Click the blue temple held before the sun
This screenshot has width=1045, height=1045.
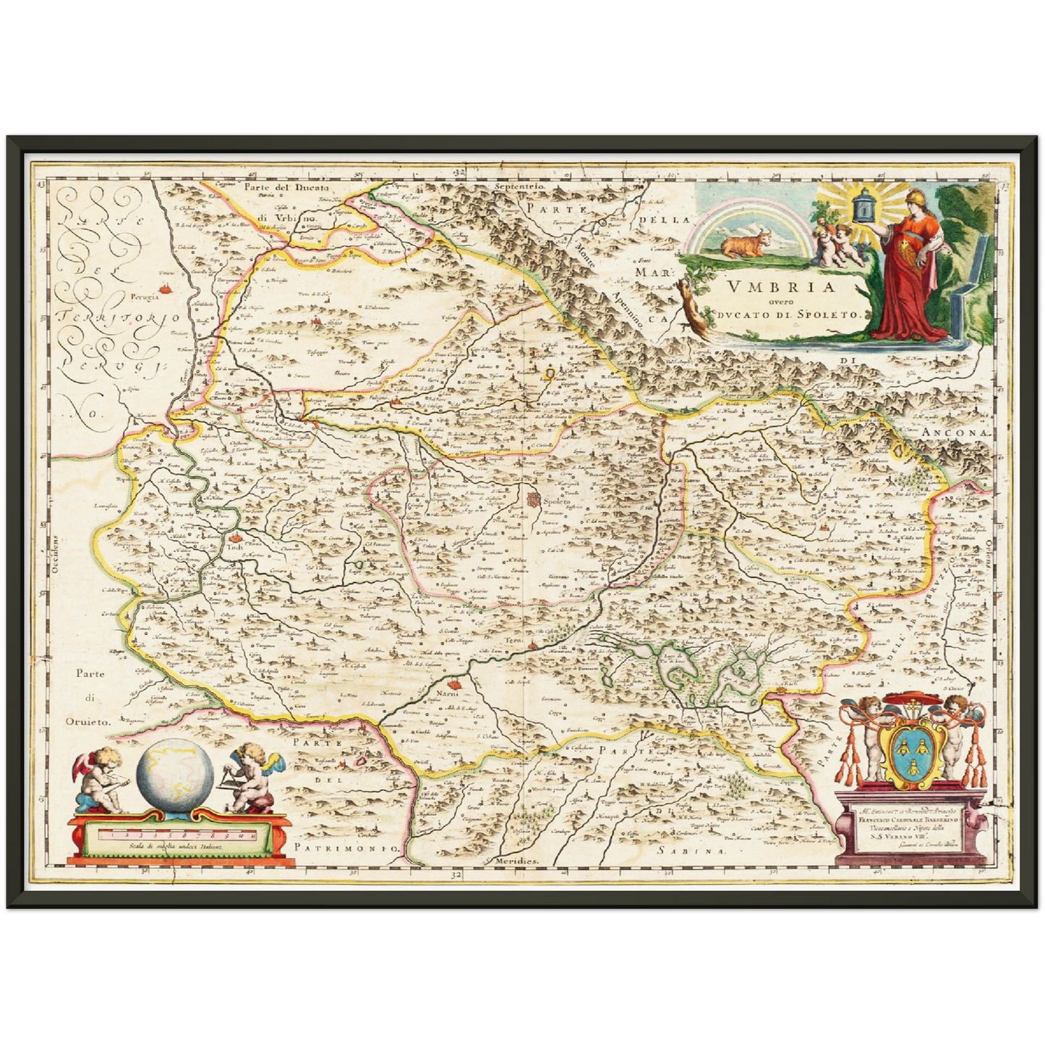point(861,205)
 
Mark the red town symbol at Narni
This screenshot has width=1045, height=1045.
point(454,683)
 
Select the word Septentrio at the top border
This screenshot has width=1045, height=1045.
point(518,187)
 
